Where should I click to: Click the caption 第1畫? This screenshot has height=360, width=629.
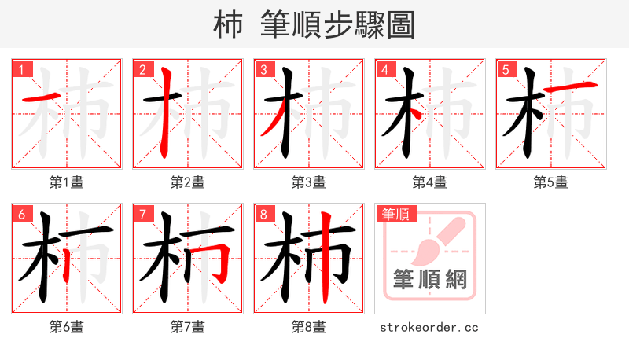tap(67, 182)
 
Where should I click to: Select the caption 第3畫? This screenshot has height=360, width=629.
tap(309, 182)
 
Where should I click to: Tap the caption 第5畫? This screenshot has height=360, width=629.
tap(551, 182)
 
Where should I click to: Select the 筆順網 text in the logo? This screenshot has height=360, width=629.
tap(429, 279)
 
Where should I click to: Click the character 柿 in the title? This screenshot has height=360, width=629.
tap(229, 25)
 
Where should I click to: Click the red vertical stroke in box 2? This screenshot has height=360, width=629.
tap(164, 114)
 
